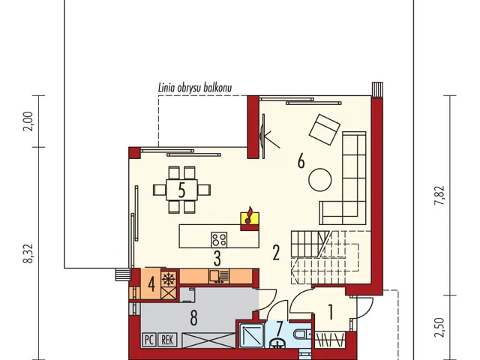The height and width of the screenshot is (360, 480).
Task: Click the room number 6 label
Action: [301, 160]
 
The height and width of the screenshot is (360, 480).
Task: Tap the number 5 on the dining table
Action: [181, 190]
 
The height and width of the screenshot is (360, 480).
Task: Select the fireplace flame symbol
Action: [250, 215]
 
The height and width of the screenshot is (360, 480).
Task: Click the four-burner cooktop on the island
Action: [219, 239]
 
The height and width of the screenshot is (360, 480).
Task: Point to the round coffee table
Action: [320, 180]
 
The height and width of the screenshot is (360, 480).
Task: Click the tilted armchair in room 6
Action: [325, 129]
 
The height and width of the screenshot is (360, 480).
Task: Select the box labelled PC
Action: [149, 340]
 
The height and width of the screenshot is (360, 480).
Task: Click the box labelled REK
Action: [167, 340]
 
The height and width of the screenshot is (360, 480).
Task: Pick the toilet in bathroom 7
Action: [303, 334]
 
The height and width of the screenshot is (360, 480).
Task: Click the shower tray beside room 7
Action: [252, 335]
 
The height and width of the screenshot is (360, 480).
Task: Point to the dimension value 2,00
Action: [28, 121]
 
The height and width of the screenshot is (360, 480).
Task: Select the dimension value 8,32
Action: [28, 253]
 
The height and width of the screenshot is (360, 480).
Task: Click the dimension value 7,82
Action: [439, 196]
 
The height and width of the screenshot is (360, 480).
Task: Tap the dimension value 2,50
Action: [439, 327]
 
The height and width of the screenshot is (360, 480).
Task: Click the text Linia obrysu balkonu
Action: [195, 88]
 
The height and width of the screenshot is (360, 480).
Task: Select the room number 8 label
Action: [193, 318]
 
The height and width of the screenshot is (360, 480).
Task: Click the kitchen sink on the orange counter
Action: [219, 276]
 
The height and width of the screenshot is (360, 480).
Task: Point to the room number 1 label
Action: [331, 312]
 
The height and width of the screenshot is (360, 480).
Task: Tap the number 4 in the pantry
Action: [151, 284]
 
